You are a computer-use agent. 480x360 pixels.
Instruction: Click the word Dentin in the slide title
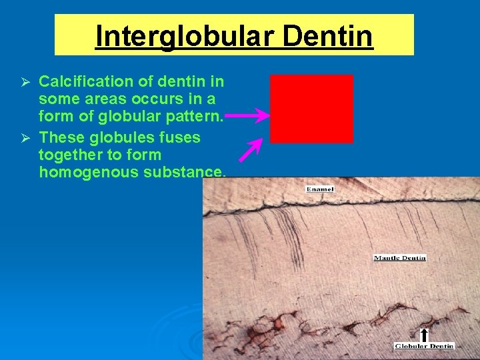(x=327, y=36)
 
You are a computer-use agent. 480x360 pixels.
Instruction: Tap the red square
(x=311, y=109)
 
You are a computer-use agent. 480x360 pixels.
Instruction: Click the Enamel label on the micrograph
(x=320, y=189)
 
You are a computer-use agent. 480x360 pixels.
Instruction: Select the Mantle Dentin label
(x=399, y=258)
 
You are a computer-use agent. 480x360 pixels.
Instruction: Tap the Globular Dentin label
(x=424, y=346)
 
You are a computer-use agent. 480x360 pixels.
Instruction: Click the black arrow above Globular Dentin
(x=423, y=335)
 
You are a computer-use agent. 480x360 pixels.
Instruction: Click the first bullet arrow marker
(x=25, y=82)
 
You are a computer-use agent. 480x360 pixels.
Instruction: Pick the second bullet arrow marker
(x=25, y=138)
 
